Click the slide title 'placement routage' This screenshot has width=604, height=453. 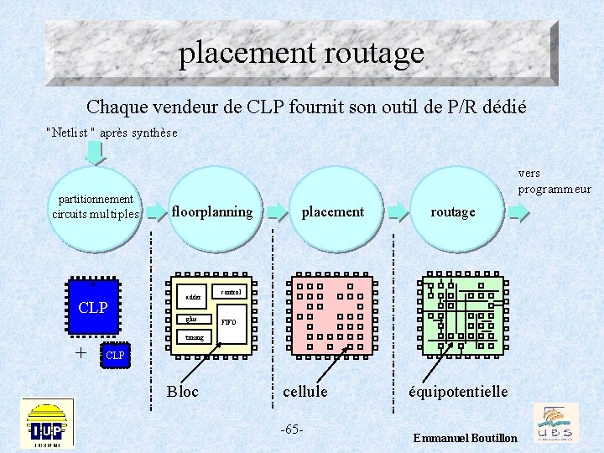[x=301, y=54]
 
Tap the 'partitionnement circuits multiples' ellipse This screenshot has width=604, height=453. [x=96, y=207]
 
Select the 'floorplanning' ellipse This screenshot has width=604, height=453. [x=211, y=211]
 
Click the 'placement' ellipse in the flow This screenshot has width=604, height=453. [x=332, y=211]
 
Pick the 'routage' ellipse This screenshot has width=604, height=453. [x=452, y=211]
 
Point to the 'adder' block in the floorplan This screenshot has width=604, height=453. [x=194, y=298]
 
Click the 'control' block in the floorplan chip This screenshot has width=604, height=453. [x=231, y=292]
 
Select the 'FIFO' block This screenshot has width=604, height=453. [x=229, y=321]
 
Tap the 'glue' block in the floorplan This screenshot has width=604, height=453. [x=193, y=319]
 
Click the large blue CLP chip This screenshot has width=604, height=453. [x=92, y=308]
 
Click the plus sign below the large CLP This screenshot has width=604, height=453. [x=81, y=352]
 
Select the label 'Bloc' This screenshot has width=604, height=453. [x=183, y=391]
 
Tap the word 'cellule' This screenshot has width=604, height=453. [x=305, y=391]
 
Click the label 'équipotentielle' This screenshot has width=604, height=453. [x=457, y=391]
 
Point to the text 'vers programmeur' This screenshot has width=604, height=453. [x=554, y=181]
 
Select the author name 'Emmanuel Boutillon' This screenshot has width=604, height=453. [x=466, y=439]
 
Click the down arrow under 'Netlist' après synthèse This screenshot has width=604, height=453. [x=95, y=152]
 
